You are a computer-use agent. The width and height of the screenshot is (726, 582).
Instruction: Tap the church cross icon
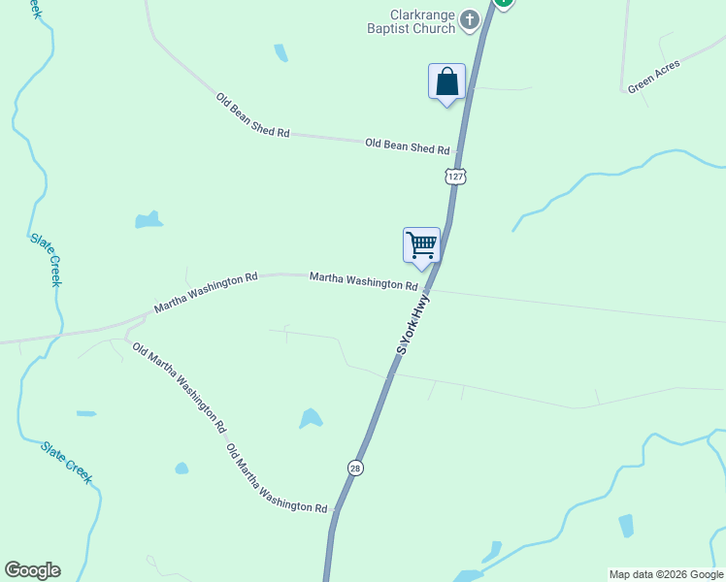tap(469, 19)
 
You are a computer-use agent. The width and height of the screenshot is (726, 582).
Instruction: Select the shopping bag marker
tap(446, 81)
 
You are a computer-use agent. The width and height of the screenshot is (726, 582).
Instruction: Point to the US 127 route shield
tap(456, 176)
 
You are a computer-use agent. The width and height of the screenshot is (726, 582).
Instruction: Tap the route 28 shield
tap(356, 468)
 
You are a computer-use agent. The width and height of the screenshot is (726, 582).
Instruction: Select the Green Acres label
tap(653, 76)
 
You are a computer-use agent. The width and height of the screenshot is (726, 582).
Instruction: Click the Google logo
tap(32, 570)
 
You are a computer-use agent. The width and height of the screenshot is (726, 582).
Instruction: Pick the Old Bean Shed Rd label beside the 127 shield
tap(408, 146)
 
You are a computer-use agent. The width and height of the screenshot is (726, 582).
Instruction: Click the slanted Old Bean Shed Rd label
tap(252, 114)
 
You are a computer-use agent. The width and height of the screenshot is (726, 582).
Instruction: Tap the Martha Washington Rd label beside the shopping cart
tap(363, 282)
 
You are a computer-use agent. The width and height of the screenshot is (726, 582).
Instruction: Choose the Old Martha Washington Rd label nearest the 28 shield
tap(277, 479)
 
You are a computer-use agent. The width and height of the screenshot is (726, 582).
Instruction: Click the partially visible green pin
tap(503, 3)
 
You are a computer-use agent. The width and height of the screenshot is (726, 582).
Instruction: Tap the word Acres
tap(667, 70)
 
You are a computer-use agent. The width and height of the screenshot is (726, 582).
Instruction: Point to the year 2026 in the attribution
tap(672, 574)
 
